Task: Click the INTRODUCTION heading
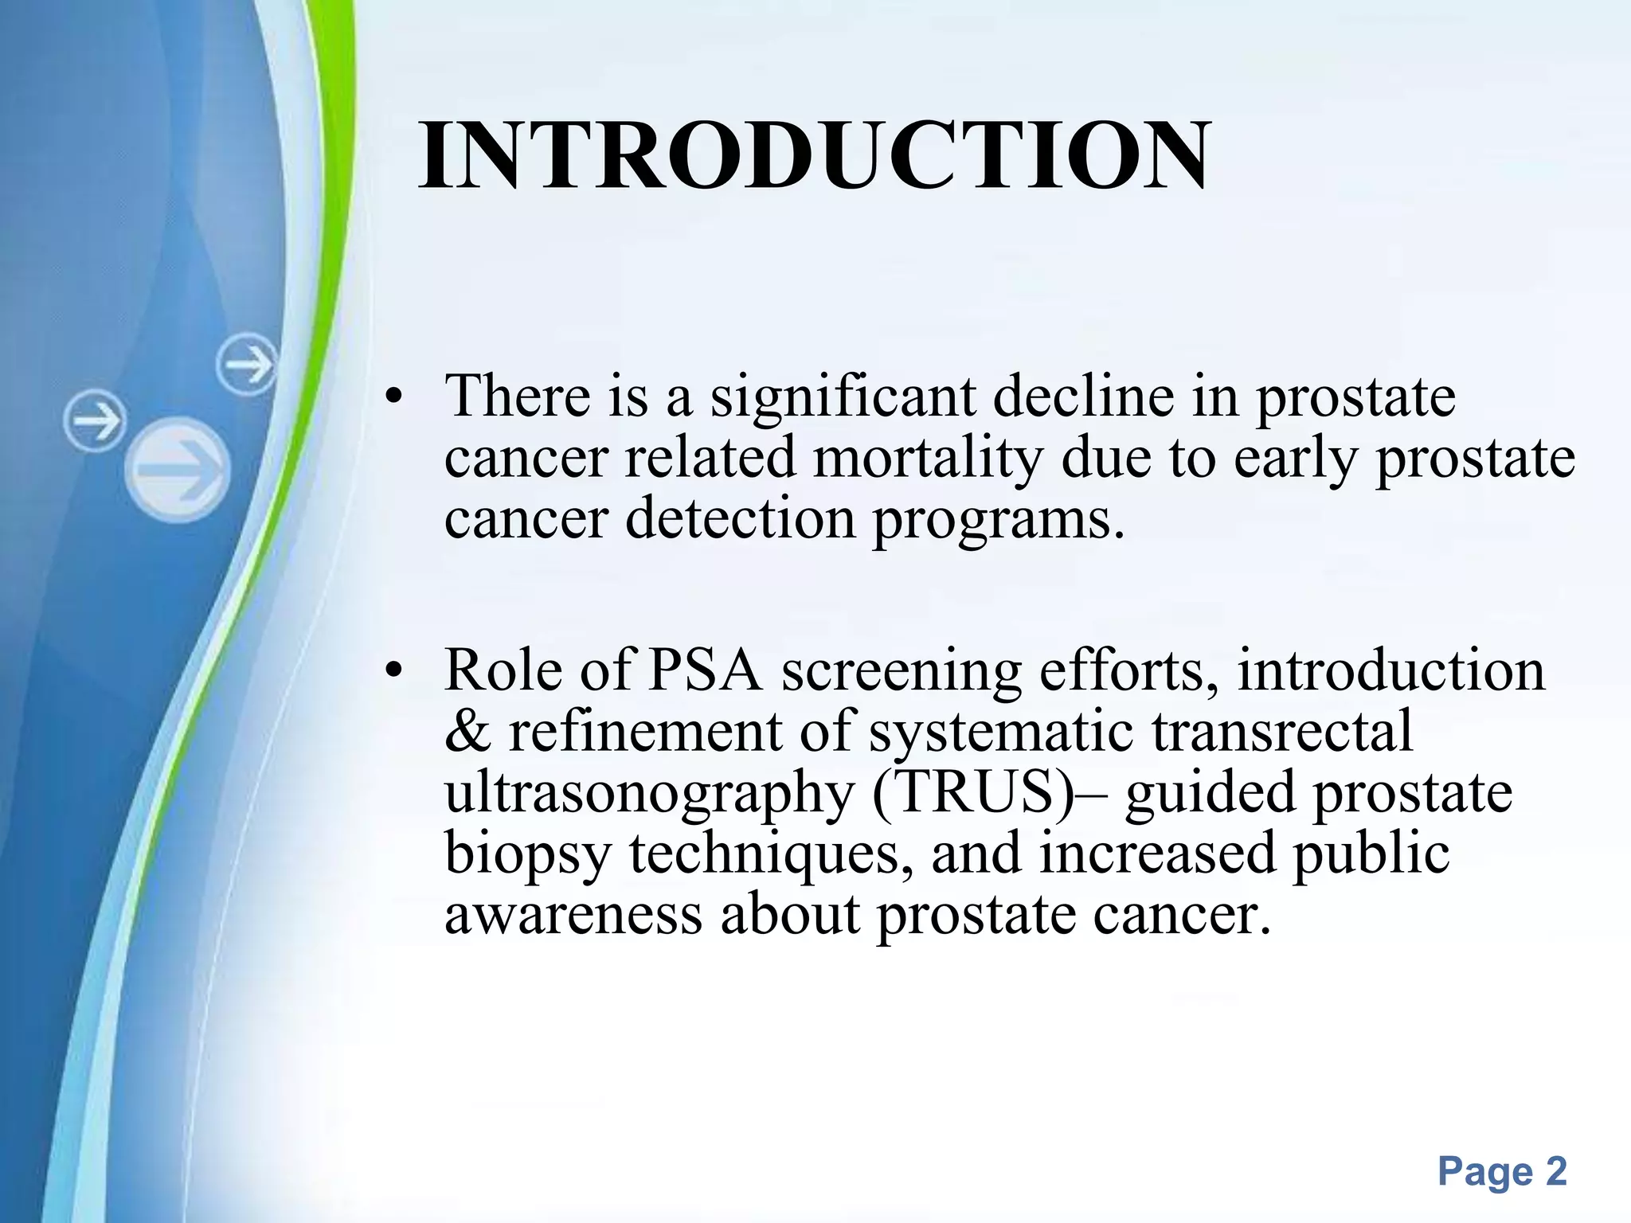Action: pos(814,156)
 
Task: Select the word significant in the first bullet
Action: pos(843,397)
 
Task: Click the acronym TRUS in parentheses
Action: pos(976,792)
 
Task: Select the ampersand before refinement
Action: pos(467,732)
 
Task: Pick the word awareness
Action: pos(573,915)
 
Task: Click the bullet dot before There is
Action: pos(392,398)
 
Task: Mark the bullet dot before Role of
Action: pos(392,672)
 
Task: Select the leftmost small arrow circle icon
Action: pos(95,420)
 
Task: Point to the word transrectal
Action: pos(1281,731)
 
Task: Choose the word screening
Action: pos(901,670)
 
